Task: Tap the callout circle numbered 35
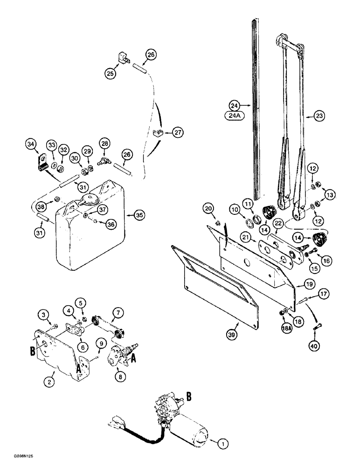(139, 215)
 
